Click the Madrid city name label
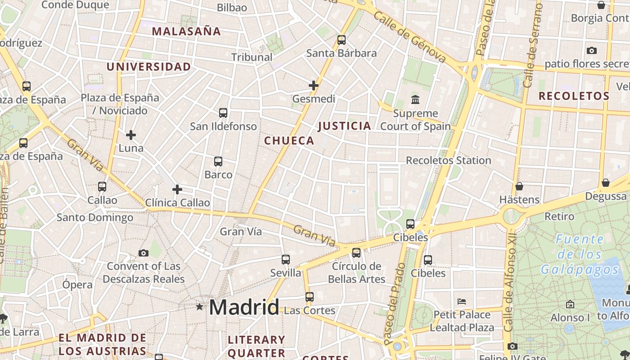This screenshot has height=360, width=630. pos(244,307)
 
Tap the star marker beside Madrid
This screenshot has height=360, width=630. pos(199,307)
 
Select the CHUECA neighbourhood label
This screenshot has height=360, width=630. pos(289,141)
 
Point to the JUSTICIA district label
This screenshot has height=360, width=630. pos(345,126)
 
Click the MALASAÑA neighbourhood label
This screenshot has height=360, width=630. pos(186,31)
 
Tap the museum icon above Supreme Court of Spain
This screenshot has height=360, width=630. pos(415,99)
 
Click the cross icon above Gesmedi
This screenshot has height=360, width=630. pos(314,85)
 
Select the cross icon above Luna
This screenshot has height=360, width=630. pos(131,135)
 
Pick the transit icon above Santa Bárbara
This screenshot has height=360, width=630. pos(342,40)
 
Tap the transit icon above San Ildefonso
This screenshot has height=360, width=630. pos(223,113)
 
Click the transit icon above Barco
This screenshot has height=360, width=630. pos(218,161)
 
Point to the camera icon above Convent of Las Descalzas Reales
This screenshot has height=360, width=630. pos(144,253)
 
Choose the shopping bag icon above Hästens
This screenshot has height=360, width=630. pos(519,186)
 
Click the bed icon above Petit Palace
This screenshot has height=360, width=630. pos(461,301)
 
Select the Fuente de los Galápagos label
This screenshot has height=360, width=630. pos(580,254)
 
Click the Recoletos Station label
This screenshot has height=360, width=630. pos(448,161)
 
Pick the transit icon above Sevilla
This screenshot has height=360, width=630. pos(286,260)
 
